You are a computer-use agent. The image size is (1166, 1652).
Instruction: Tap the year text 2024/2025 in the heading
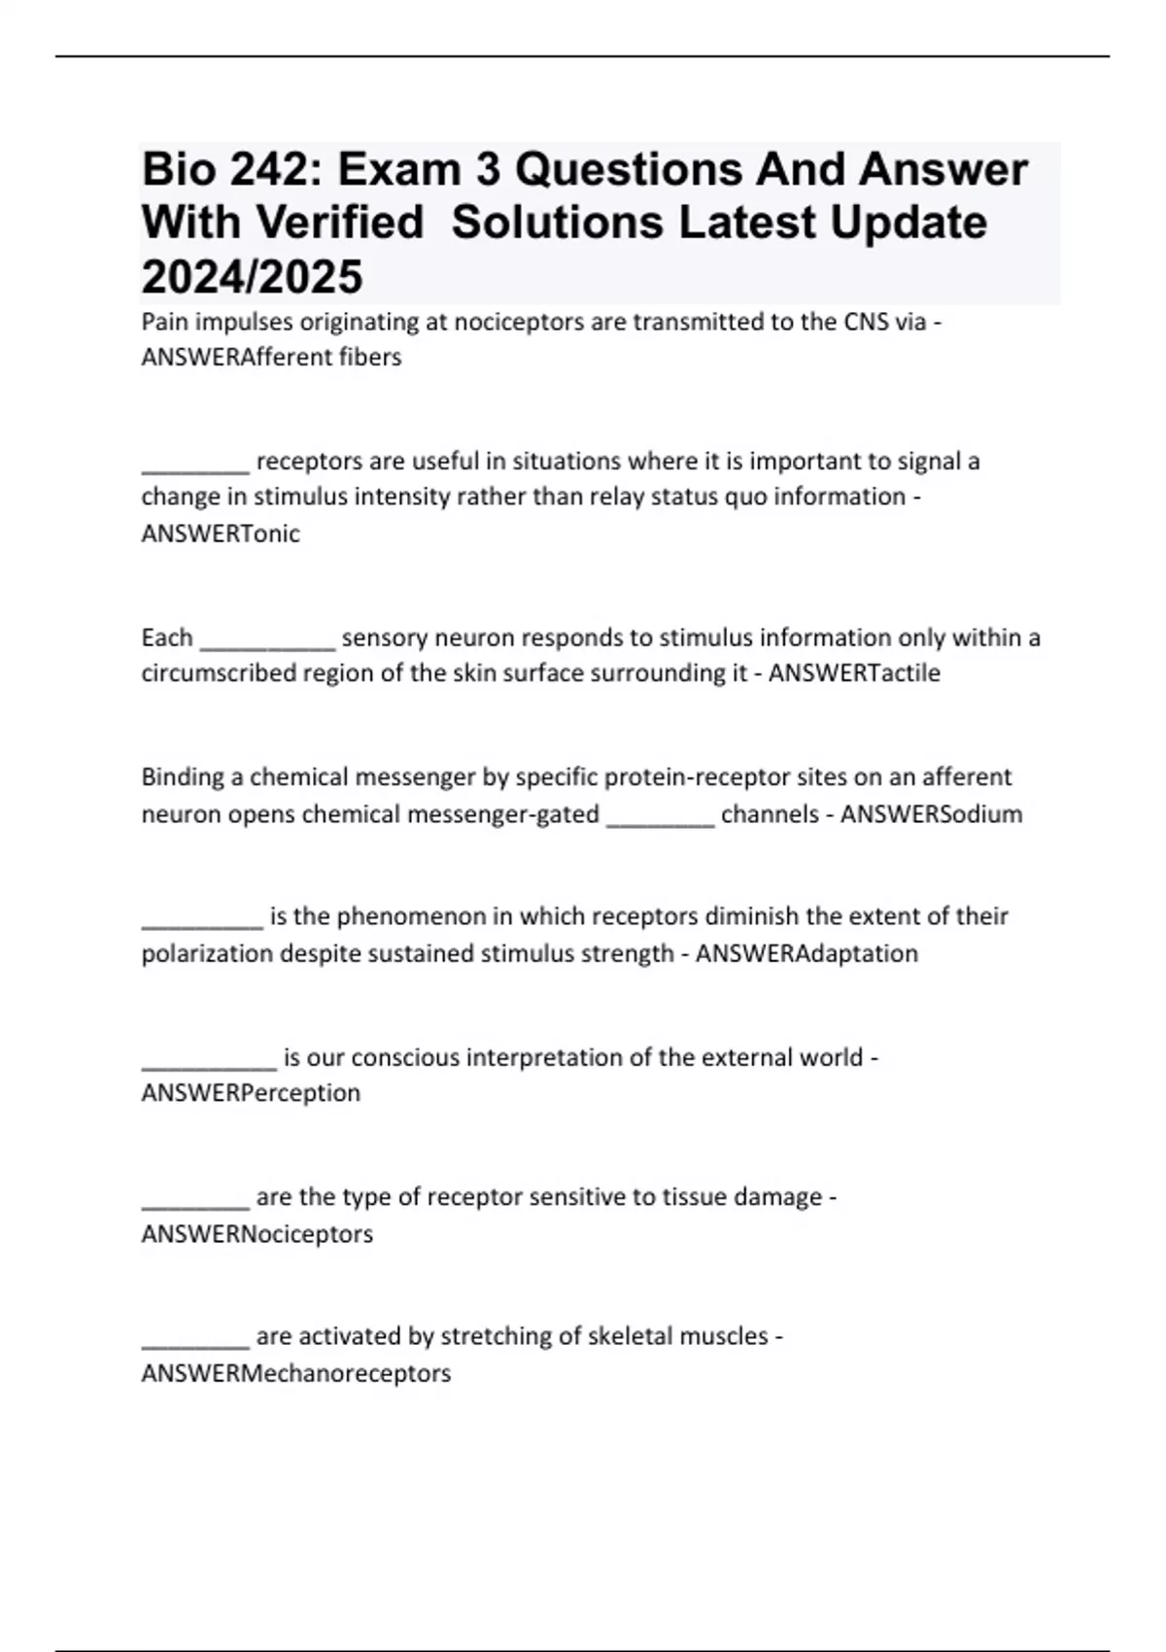[x=252, y=277]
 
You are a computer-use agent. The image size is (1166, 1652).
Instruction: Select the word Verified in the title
[x=340, y=223]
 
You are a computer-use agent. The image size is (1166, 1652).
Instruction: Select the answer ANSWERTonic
[x=221, y=533]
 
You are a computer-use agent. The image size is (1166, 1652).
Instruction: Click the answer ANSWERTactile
[x=854, y=673]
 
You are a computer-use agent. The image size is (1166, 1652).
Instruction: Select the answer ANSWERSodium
[x=931, y=814]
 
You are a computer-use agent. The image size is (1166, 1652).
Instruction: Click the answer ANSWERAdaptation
[x=806, y=953]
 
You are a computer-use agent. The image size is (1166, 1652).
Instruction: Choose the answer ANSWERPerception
[x=251, y=1093]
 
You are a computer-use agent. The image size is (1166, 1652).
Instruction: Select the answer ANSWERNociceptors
[x=257, y=1234]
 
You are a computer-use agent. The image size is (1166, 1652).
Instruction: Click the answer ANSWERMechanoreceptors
[x=296, y=1374]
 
